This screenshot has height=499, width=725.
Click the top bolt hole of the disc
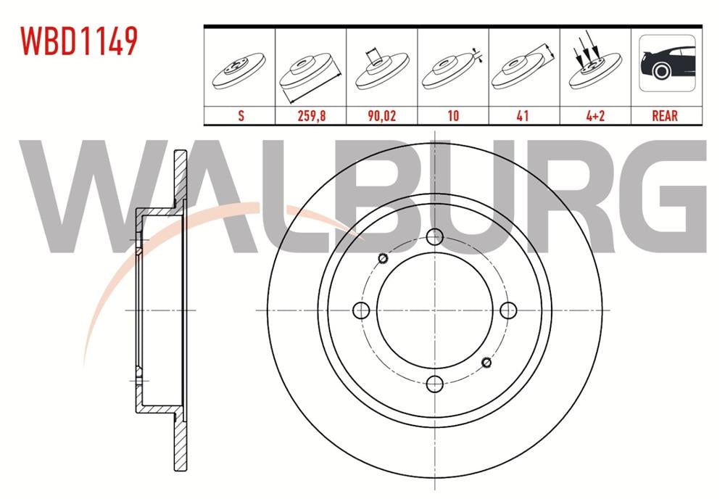coord(434,236)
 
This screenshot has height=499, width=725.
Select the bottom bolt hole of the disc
coord(434,384)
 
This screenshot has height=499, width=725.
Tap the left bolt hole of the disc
coord(361,310)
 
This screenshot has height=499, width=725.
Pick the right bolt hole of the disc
coord(508,310)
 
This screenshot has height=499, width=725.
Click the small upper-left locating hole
coord(383,258)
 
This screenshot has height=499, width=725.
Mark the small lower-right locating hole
coord(486,362)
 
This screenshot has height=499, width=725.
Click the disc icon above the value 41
coord(523,69)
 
